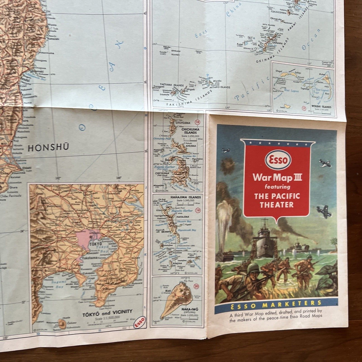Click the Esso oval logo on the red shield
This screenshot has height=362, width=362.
coord(278,160)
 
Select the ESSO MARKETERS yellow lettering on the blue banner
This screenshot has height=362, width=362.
coord(276,304)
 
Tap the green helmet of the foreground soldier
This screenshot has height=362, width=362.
coord(253,268)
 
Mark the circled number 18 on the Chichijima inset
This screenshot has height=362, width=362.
coord(197,122)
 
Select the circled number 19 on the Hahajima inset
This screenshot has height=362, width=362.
coord(198,210)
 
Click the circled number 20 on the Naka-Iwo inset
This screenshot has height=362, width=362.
coord(197,286)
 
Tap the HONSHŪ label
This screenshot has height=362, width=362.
coord(48,148)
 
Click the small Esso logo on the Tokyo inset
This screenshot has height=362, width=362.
coord(139,323)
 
